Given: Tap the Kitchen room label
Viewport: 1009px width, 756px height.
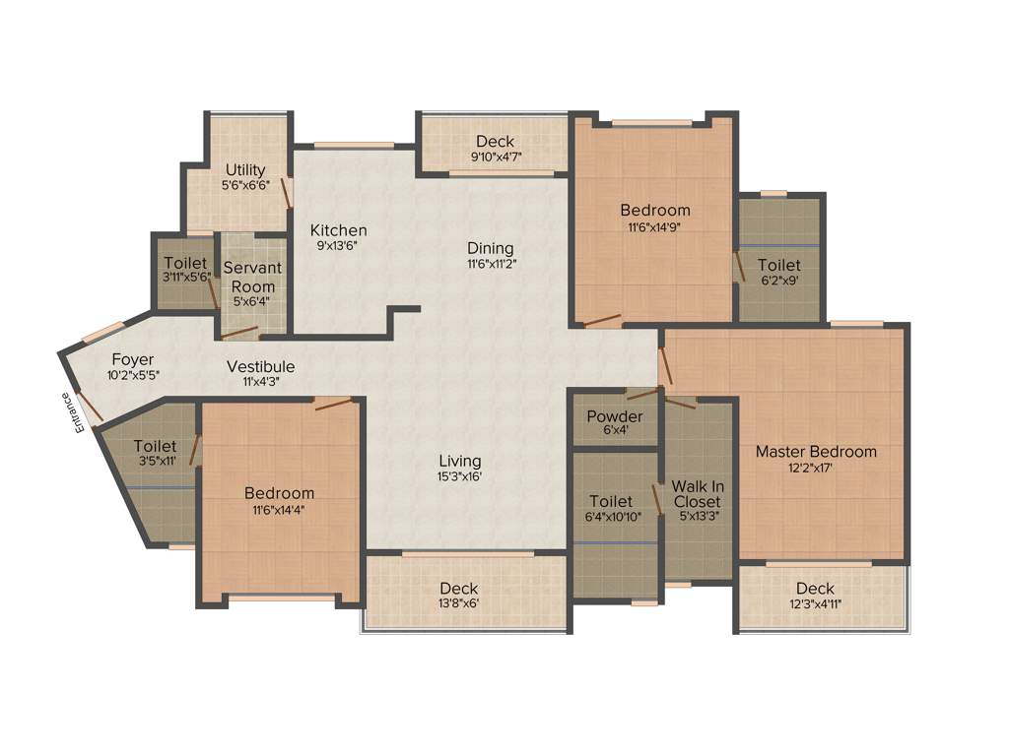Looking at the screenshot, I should [339, 230].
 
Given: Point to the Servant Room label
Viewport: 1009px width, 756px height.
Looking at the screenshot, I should [252, 277].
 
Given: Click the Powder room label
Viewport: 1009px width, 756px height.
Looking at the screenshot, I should [614, 416].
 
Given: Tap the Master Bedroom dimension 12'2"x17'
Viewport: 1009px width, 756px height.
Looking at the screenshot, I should [816, 469].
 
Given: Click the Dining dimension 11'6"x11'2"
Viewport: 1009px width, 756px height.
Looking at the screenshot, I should [491, 265].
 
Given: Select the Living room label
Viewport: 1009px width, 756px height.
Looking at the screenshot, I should [460, 461].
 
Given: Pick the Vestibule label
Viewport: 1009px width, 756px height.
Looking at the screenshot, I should [260, 366].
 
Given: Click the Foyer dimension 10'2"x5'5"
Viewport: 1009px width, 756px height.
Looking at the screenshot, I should [133, 375].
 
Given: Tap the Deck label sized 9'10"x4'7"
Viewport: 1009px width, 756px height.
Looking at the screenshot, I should [495, 142].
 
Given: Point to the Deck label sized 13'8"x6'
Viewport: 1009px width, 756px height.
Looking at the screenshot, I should [459, 589].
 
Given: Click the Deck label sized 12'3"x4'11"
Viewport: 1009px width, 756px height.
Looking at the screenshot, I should [815, 589].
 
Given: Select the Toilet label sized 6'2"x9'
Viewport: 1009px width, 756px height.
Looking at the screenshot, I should [778, 265].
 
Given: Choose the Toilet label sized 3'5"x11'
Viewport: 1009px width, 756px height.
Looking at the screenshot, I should [156, 446].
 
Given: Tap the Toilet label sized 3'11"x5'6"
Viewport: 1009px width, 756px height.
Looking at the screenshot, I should [186, 264].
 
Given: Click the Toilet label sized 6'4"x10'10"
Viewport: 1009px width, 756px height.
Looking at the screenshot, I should [611, 501].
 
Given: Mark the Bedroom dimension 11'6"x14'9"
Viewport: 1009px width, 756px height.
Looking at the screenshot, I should [654, 226].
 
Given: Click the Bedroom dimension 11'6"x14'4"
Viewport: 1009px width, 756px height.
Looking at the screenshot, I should [280, 509].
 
